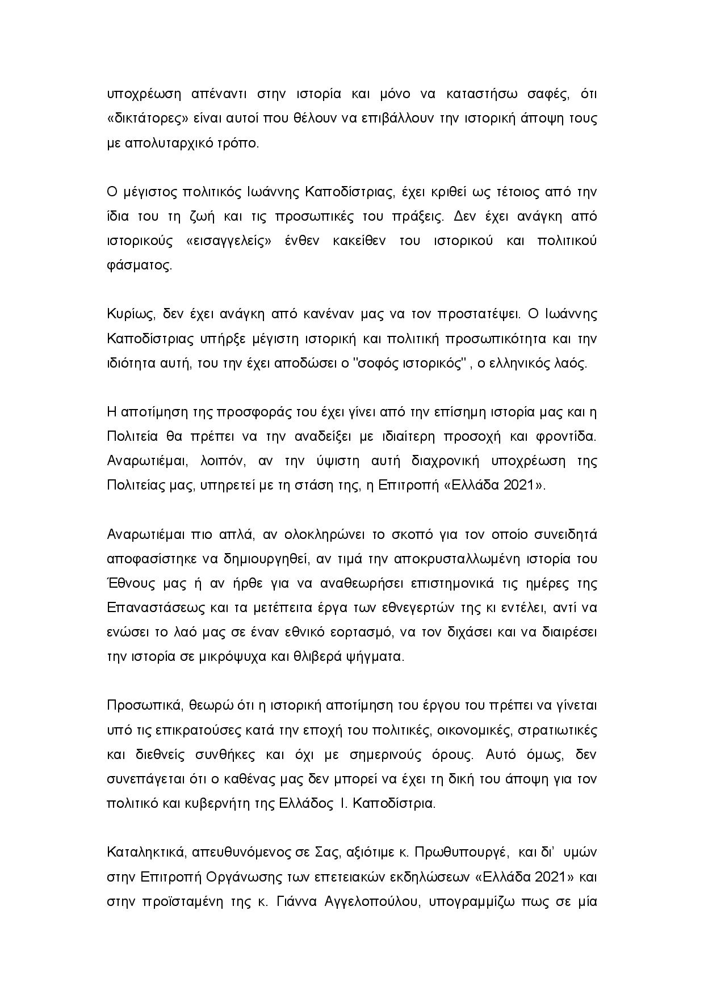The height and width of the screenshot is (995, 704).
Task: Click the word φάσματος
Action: tap(139, 265)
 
